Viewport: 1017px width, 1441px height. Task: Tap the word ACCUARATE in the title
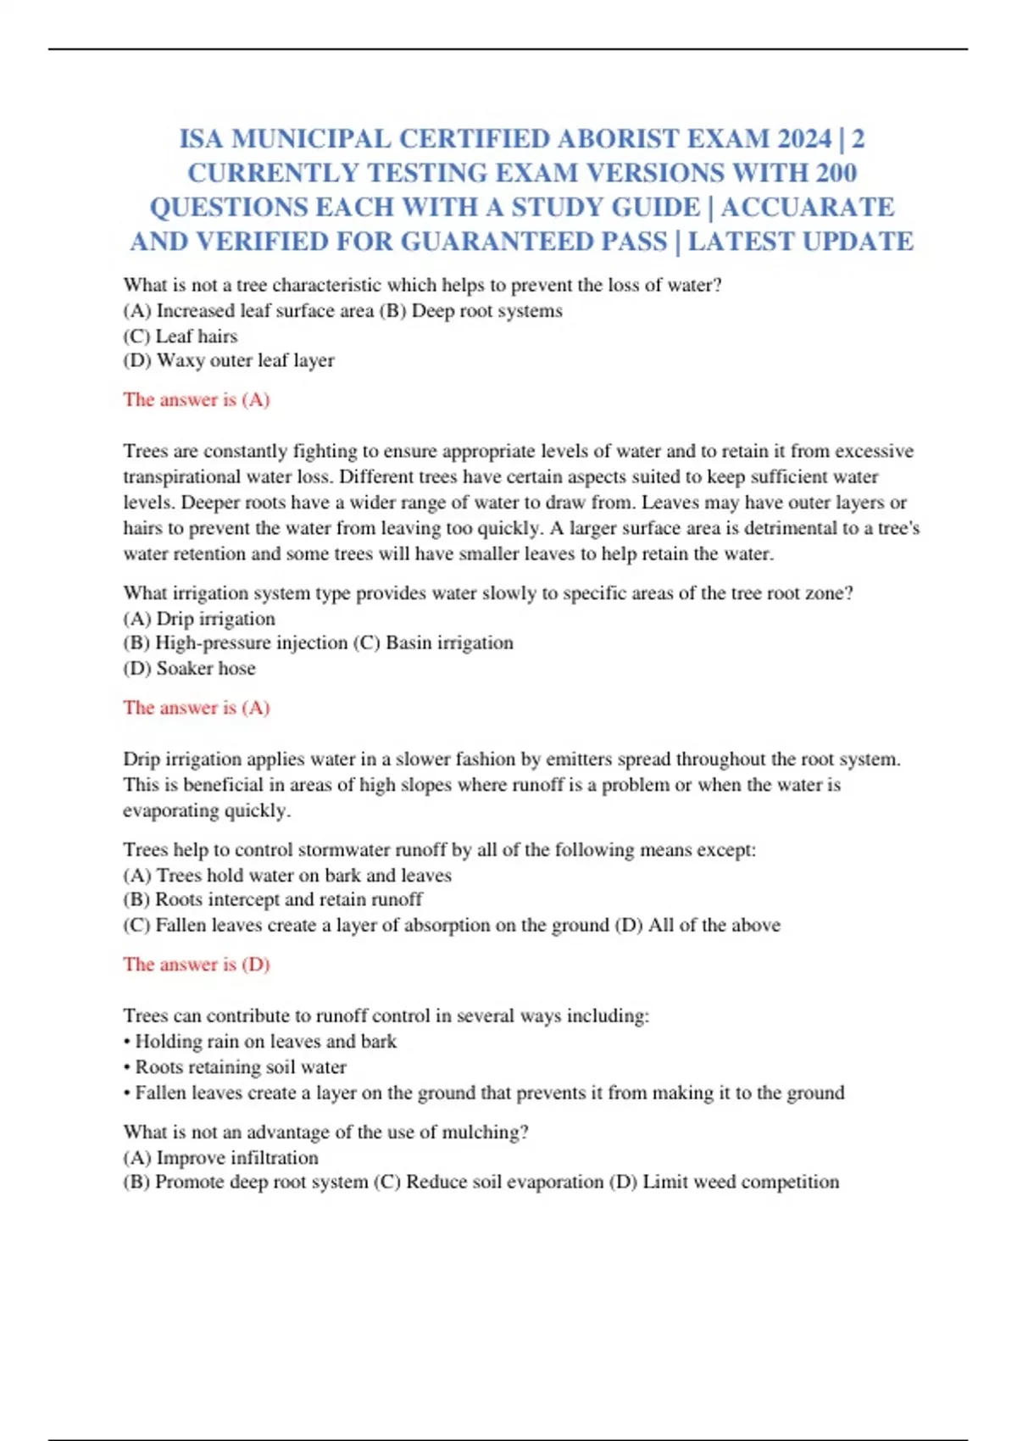click(808, 208)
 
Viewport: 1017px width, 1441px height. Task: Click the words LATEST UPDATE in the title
click(800, 242)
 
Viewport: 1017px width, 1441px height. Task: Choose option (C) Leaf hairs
click(181, 336)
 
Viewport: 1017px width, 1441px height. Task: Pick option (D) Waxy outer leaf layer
click(229, 360)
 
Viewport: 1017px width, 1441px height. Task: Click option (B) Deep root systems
click(471, 311)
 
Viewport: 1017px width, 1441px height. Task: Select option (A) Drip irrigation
click(199, 619)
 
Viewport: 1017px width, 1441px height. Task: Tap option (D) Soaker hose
click(189, 669)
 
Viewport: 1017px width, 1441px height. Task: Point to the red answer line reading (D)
click(197, 965)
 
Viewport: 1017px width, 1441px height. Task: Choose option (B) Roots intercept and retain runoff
click(273, 899)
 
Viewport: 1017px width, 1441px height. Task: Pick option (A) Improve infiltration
click(221, 1158)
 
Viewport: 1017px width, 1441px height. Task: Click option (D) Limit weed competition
click(725, 1182)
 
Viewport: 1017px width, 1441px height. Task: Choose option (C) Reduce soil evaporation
click(488, 1182)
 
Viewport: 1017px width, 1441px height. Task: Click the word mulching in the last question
click(484, 1132)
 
